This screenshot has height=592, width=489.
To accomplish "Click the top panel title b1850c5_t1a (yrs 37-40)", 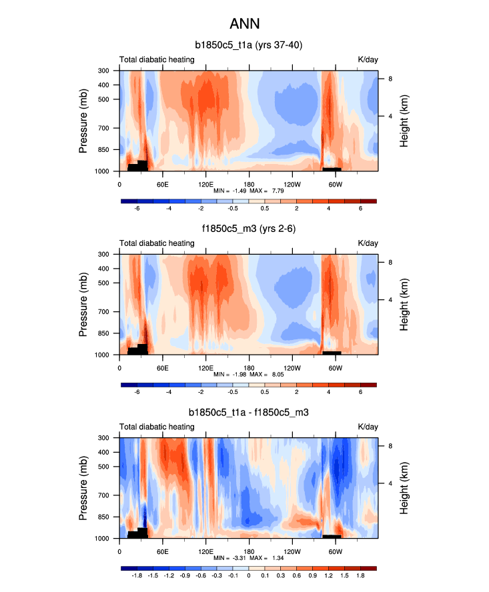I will (249, 45).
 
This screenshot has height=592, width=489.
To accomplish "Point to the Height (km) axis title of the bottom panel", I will (404, 488).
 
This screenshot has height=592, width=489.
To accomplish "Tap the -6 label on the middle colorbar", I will (137, 393).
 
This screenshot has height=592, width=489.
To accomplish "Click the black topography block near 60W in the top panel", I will (332, 169).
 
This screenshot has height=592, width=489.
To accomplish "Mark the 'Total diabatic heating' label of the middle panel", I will (157, 243).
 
